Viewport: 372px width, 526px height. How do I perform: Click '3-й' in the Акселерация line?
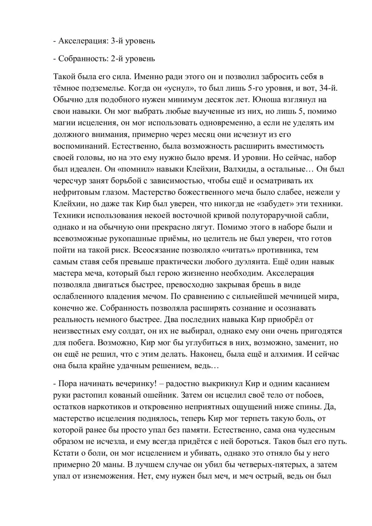click(x=116, y=41)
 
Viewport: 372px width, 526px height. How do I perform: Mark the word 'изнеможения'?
click(x=115, y=476)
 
